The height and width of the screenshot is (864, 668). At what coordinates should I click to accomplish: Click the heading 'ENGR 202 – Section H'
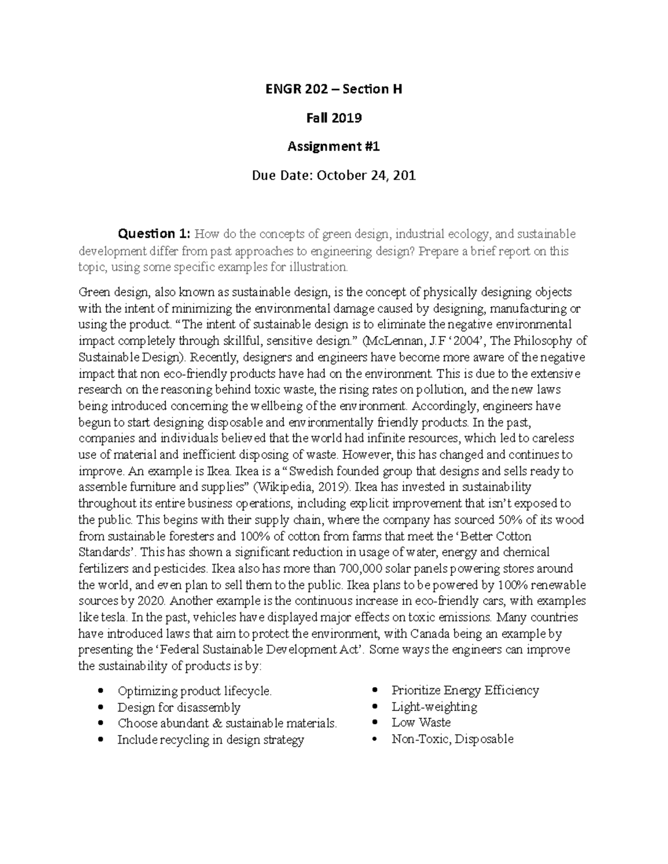[x=333, y=89]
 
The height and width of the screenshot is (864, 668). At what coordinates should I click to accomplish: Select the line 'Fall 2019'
[x=333, y=118]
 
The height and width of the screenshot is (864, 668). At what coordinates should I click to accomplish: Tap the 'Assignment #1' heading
[x=333, y=147]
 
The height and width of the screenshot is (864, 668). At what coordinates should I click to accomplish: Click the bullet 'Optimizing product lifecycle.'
[x=195, y=692]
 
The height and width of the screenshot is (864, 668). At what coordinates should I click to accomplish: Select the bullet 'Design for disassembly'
[x=179, y=708]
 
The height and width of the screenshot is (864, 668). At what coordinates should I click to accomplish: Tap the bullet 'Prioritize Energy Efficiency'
[x=465, y=691]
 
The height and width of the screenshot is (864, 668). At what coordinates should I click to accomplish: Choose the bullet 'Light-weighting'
[x=434, y=707]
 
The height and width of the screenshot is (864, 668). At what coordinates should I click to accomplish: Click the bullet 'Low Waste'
[x=421, y=723]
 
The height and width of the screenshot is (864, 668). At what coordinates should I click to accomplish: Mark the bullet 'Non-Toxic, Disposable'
[x=453, y=739]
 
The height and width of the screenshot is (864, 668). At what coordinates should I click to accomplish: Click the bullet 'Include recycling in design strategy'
[x=210, y=740]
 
